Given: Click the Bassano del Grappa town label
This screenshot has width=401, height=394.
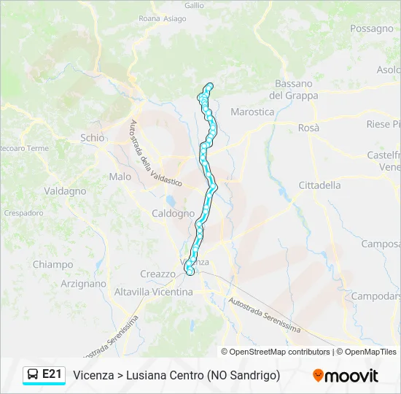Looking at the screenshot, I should pyautogui.click(x=293, y=90).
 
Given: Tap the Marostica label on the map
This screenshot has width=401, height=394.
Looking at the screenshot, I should pyautogui.click(x=252, y=112).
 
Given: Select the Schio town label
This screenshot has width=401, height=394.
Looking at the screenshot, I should pyautogui.click(x=93, y=137).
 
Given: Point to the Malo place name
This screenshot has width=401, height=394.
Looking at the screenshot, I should pyautogui.click(x=120, y=177).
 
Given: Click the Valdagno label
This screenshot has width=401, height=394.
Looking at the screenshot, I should pyautogui.click(x=65, y=191).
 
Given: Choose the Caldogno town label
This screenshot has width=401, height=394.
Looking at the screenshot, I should pyautogui.click(x=173, y=214).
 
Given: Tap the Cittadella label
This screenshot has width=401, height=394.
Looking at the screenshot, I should pyautogui.click(x=319, y=185).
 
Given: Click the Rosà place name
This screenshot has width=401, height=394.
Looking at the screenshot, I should pyautogui.click(x=308, y=127).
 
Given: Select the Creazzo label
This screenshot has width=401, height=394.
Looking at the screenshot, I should pyautogui.click(x=157, y=274).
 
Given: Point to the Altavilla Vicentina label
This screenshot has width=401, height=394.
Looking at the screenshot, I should pyautogui.click(x=153, y=292).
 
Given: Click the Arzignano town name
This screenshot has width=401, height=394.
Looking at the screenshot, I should pyautogui.click(x=83, y=284).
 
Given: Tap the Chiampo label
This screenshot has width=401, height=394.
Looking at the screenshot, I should pyautogui.click(x=52, y=265).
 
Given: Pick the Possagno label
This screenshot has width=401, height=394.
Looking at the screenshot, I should pyautogui.click(x=371, y=28).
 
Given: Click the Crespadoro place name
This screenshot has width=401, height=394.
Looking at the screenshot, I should pyautogui.click(x=23, y=213).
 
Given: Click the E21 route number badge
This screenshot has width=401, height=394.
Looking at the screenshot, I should pyautogui.click(x=52, y=374).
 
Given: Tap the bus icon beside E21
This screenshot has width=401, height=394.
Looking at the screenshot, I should pyautogui.click(x=33, y=374).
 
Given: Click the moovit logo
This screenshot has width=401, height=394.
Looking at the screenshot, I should pyautogui.click(x=346, y=376).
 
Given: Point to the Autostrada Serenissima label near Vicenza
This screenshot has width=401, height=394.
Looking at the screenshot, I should pyautogui.click(x=264, y=314).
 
